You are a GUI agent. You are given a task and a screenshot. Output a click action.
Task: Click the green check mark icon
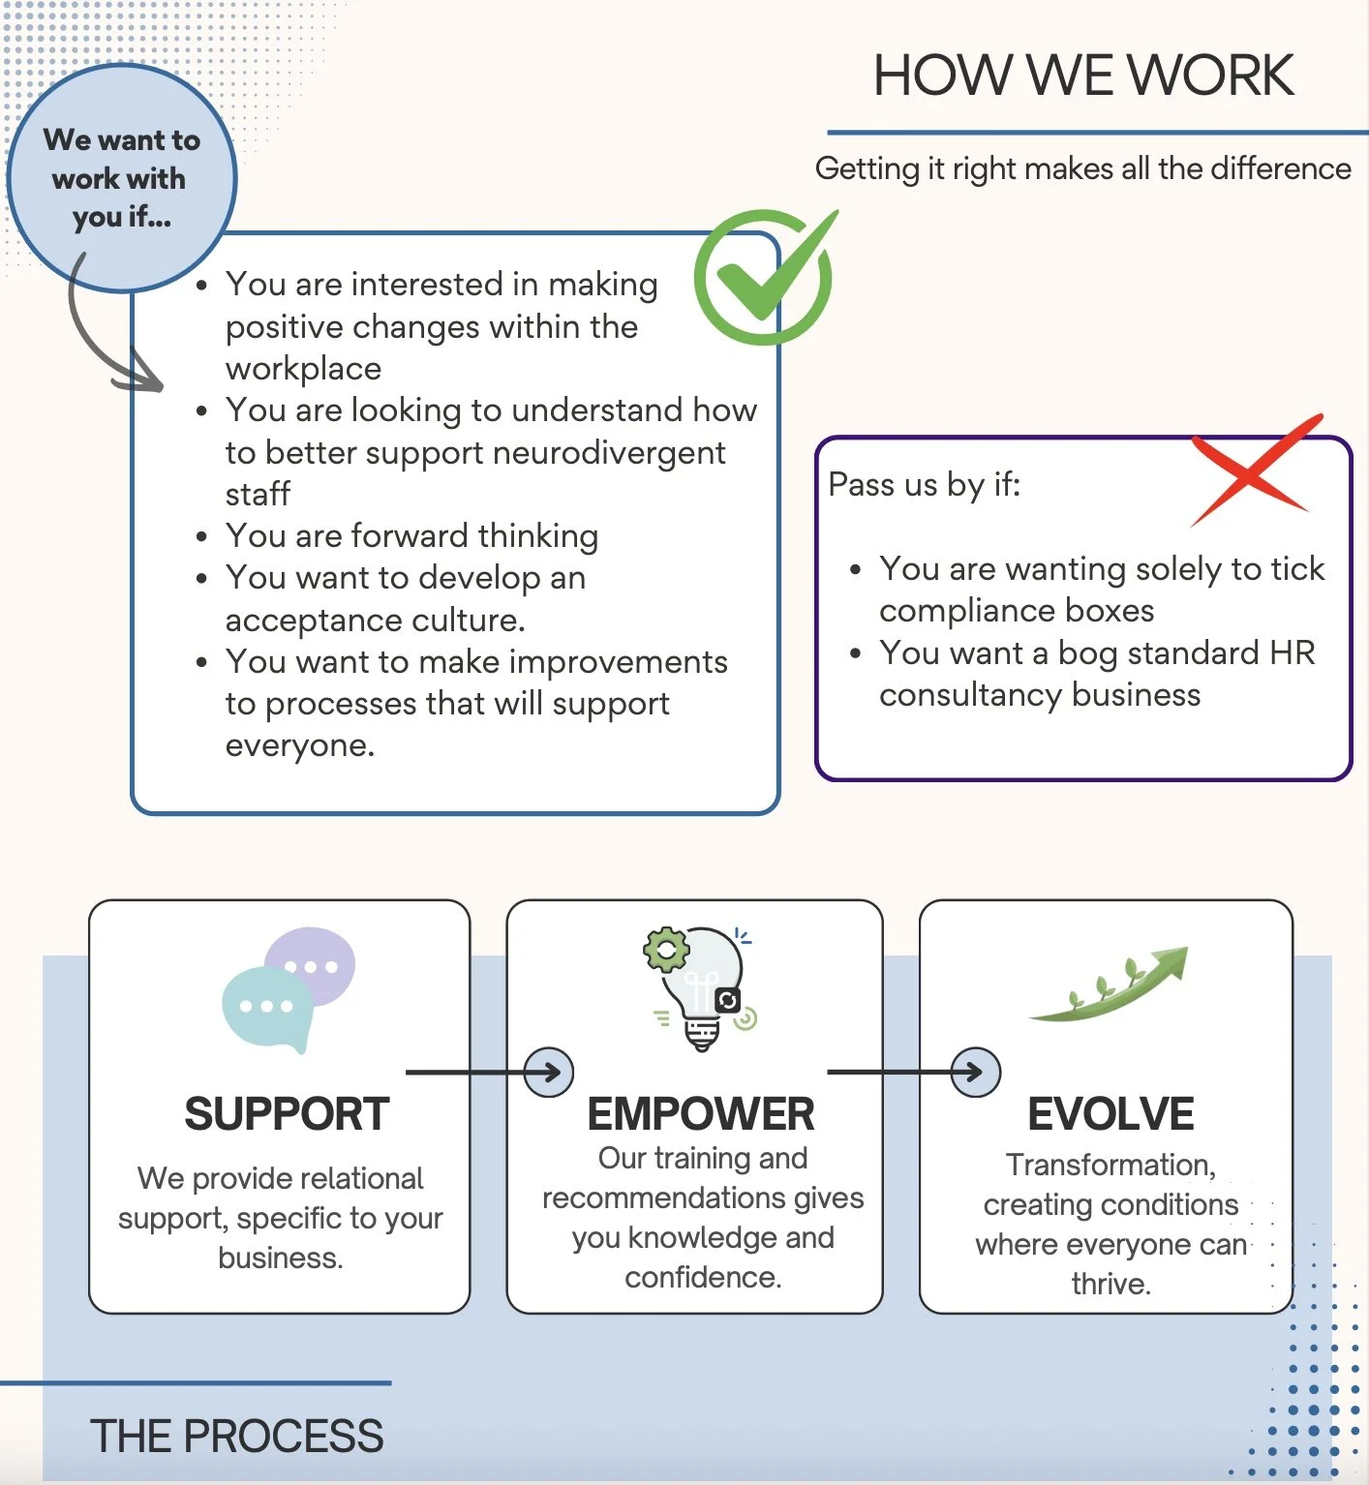764,277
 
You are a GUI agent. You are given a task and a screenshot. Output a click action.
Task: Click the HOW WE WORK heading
1082,76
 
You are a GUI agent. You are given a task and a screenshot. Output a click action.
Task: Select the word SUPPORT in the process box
287,1114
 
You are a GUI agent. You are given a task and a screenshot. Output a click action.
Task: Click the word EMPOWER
700,1114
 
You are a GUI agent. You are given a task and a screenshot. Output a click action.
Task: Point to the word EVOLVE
1110,1114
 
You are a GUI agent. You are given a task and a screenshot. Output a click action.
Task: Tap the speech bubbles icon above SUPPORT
289,988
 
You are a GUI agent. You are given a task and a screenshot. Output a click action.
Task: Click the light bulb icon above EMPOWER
700,988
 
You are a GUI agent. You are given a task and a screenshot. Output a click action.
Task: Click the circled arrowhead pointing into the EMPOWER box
549,1073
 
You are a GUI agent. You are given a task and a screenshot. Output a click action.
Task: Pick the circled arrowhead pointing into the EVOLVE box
975,1073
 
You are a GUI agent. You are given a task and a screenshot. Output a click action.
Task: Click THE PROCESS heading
237,1437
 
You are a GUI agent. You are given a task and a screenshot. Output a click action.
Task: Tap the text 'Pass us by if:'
925,484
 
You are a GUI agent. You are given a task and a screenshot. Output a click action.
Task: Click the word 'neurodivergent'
614,453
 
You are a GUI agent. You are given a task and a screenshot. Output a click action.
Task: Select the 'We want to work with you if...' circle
121,178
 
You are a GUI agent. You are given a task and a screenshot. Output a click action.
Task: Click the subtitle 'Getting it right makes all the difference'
1082,168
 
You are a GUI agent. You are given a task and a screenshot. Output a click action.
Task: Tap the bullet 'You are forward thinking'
411,536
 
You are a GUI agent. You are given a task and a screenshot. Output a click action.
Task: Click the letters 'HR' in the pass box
1292,653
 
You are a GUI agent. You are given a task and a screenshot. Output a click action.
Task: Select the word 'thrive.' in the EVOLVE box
1110,1285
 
